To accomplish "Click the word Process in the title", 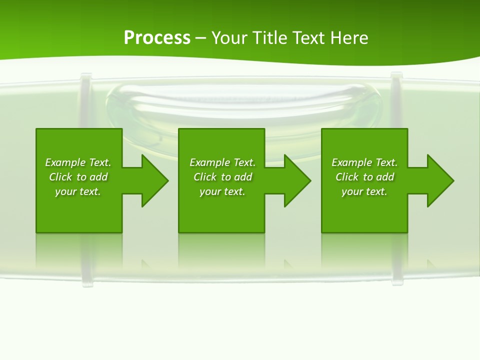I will click(157, 38).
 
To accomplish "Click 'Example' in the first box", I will click(65, 162).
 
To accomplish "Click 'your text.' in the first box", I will click(78, 191).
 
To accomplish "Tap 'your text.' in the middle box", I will click(222, 191).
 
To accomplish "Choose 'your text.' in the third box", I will click(364, 191).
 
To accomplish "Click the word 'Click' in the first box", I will click(60, 177).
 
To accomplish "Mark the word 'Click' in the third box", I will click(347, 177).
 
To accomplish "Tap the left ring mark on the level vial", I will click(86, 100).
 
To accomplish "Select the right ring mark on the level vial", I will click(396, 100).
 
